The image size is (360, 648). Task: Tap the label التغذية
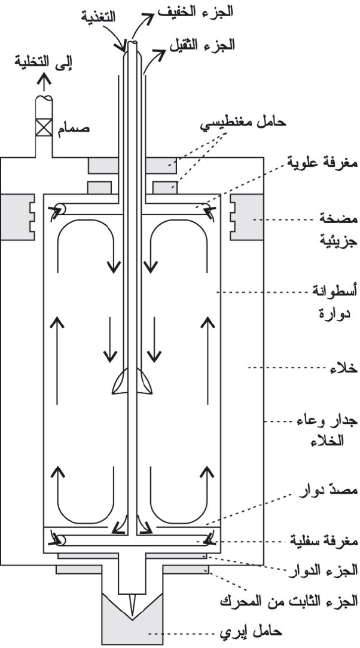97,17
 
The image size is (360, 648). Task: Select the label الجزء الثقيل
202,44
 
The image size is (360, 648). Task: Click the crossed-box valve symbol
44,127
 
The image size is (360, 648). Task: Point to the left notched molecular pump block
18,217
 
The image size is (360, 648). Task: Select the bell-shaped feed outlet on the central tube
132,380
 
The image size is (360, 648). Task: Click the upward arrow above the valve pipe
44,84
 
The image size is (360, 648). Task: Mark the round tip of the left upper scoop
59,209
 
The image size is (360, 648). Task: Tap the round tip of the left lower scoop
60,540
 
